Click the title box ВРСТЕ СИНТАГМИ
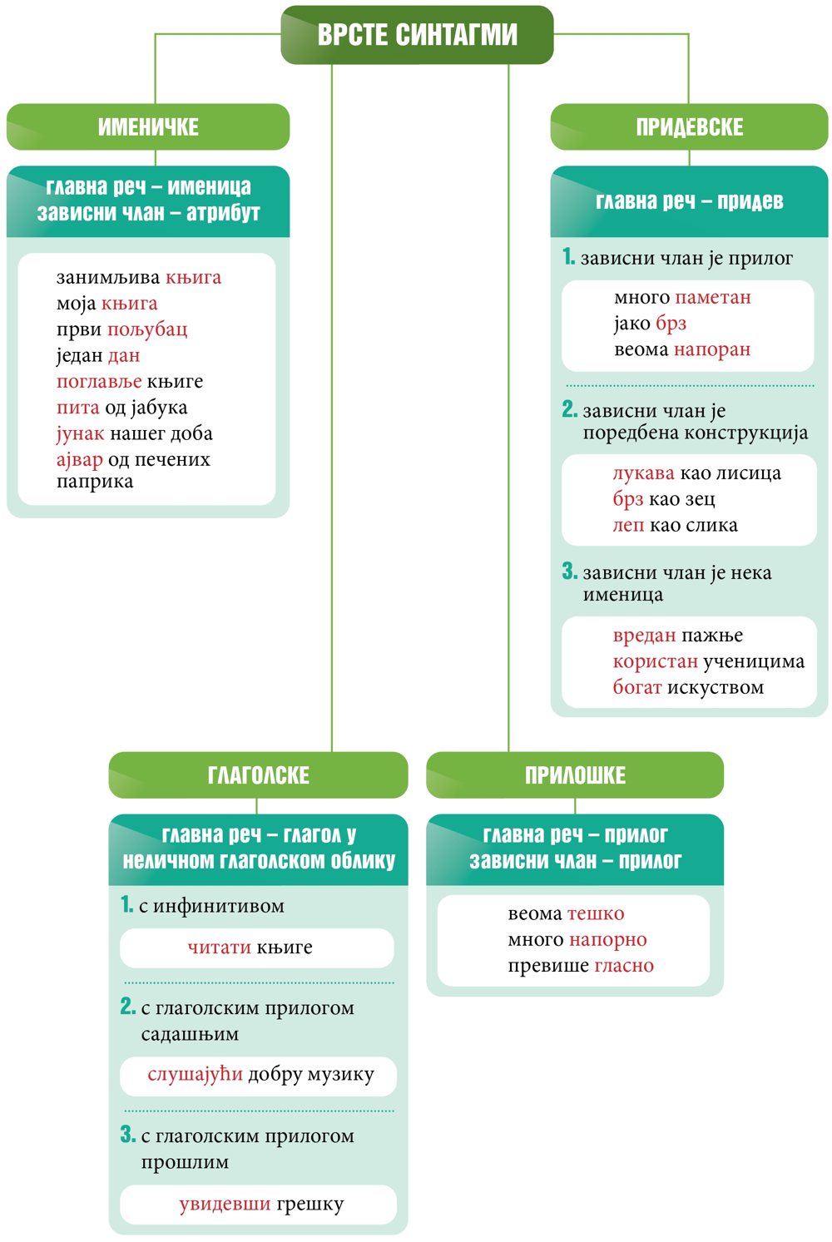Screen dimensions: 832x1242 click(x=417, y=34)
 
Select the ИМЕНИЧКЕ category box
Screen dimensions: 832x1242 click(x=148, y=126)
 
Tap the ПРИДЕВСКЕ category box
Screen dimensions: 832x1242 click(x=689, y=126)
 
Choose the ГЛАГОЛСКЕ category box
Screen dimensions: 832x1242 click(x=259, y=774)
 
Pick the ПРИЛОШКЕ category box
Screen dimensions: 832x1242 click(x=575, y=774)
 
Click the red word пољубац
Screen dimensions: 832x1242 click(x=147, y=329)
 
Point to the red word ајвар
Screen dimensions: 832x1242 click(x=80, y=460)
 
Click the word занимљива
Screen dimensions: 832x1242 click(x=108, y=277)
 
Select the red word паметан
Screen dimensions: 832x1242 click(x=713, y=298)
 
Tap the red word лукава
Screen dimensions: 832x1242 click(x=644, y=473)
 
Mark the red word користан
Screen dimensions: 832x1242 click(x=656, y=661)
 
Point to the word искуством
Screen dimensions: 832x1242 click(x=716, y=687)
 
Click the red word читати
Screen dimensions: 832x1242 click(x=220, y=948)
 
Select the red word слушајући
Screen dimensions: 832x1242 click(x=196, y=1075)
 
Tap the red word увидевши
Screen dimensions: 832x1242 click(x=225, y=1204)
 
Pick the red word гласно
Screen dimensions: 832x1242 click(x=624, y=966)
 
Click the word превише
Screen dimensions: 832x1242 click(x=548, y=966)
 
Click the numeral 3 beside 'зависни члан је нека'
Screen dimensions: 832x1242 click(x=570, y=571)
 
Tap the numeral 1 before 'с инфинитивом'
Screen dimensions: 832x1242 click(x=127, y=904)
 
